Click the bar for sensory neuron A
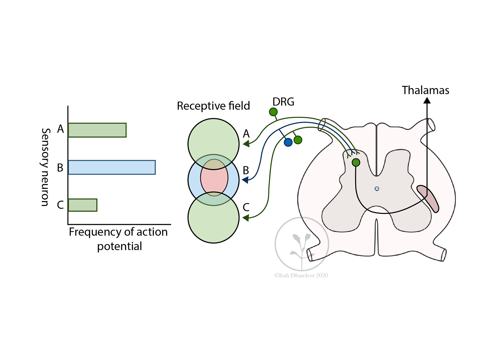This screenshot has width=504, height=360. point(97,130)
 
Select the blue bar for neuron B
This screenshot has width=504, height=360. point(112,167)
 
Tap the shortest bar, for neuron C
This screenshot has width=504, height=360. point(83,205)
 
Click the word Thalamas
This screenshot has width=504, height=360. point(425,90)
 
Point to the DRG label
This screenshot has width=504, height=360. point(283,102)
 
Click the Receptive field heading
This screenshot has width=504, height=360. point(213,106)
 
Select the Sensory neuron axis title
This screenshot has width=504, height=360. point(45,167)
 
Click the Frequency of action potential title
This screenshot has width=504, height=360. point(118,239)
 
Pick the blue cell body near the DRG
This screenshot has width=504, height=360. point(288,142)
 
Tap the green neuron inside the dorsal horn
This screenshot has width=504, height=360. point(356,163)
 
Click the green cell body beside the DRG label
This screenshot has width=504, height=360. point(273,112)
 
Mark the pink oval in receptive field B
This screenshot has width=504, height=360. point(214,178)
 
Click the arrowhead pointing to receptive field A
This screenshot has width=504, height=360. point(246,144)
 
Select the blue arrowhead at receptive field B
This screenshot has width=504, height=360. point(245,180)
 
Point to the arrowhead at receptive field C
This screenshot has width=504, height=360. point(246,218)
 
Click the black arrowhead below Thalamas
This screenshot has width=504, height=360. point(427,100)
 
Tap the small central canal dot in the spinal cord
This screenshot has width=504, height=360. point(377,189)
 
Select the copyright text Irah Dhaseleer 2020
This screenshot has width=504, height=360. point(301,275)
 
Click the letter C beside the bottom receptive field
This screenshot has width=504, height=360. point(246,207)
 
